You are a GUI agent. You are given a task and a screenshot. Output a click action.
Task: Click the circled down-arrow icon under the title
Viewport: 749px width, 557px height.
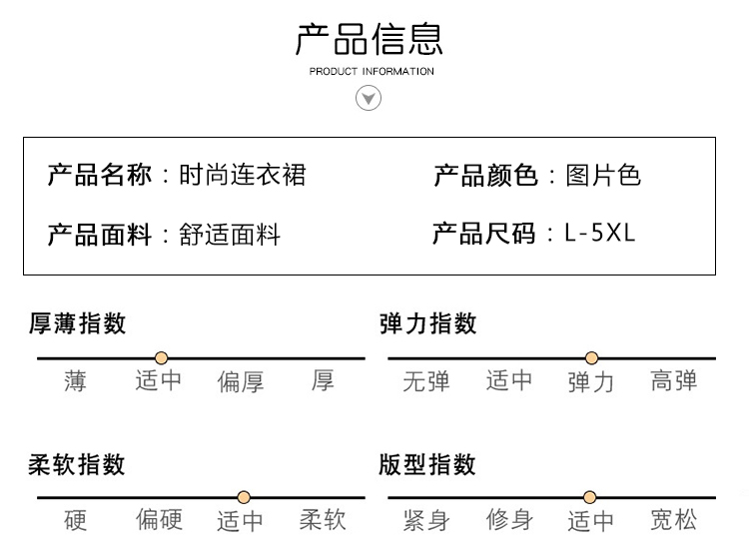pos(369,98)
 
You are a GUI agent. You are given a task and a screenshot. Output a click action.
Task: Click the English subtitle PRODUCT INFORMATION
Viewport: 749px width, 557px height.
pos(372,72)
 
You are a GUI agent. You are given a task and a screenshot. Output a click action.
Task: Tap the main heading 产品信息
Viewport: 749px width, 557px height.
pos(370,39)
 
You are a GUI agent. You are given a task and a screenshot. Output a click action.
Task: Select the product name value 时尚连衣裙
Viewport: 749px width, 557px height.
pos(243,175)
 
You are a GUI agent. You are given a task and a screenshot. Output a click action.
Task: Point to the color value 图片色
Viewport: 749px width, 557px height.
pos(603,175)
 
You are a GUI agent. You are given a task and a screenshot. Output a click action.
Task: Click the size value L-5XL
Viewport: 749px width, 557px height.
pos(600,233)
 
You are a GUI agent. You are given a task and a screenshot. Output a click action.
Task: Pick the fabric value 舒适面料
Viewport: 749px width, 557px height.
pos(230,235)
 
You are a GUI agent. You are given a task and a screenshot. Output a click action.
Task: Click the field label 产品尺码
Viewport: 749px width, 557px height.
pos(483,234)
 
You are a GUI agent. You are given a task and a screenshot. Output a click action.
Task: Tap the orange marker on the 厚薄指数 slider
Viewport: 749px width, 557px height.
pos(162,358)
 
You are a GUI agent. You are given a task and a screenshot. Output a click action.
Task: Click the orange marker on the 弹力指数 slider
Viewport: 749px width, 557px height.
pos(591,358)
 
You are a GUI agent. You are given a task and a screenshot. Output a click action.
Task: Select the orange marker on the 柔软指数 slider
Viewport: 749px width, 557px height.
pos(244,497)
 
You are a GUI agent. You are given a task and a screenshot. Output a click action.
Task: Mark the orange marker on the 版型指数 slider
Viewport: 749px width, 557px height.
pos(590,497)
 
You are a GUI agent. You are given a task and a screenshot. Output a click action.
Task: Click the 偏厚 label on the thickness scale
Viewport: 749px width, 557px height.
pos(241,382)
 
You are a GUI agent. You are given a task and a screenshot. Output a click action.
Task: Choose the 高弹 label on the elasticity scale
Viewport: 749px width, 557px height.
pos(673,381)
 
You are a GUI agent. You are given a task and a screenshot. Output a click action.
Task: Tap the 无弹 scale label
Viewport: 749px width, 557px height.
pos(426,381)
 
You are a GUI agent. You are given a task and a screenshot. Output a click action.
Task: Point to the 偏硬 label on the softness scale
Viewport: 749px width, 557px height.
pos(159,520)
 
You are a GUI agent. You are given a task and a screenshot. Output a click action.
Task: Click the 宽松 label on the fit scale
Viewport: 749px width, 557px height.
pos(673,520)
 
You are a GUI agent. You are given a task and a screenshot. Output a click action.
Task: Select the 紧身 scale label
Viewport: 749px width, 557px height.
pos(426,520)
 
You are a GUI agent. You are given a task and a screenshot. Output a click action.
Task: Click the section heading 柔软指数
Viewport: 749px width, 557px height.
pos(77,464)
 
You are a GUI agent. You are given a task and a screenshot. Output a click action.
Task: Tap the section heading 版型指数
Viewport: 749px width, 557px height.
pos(427,464)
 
